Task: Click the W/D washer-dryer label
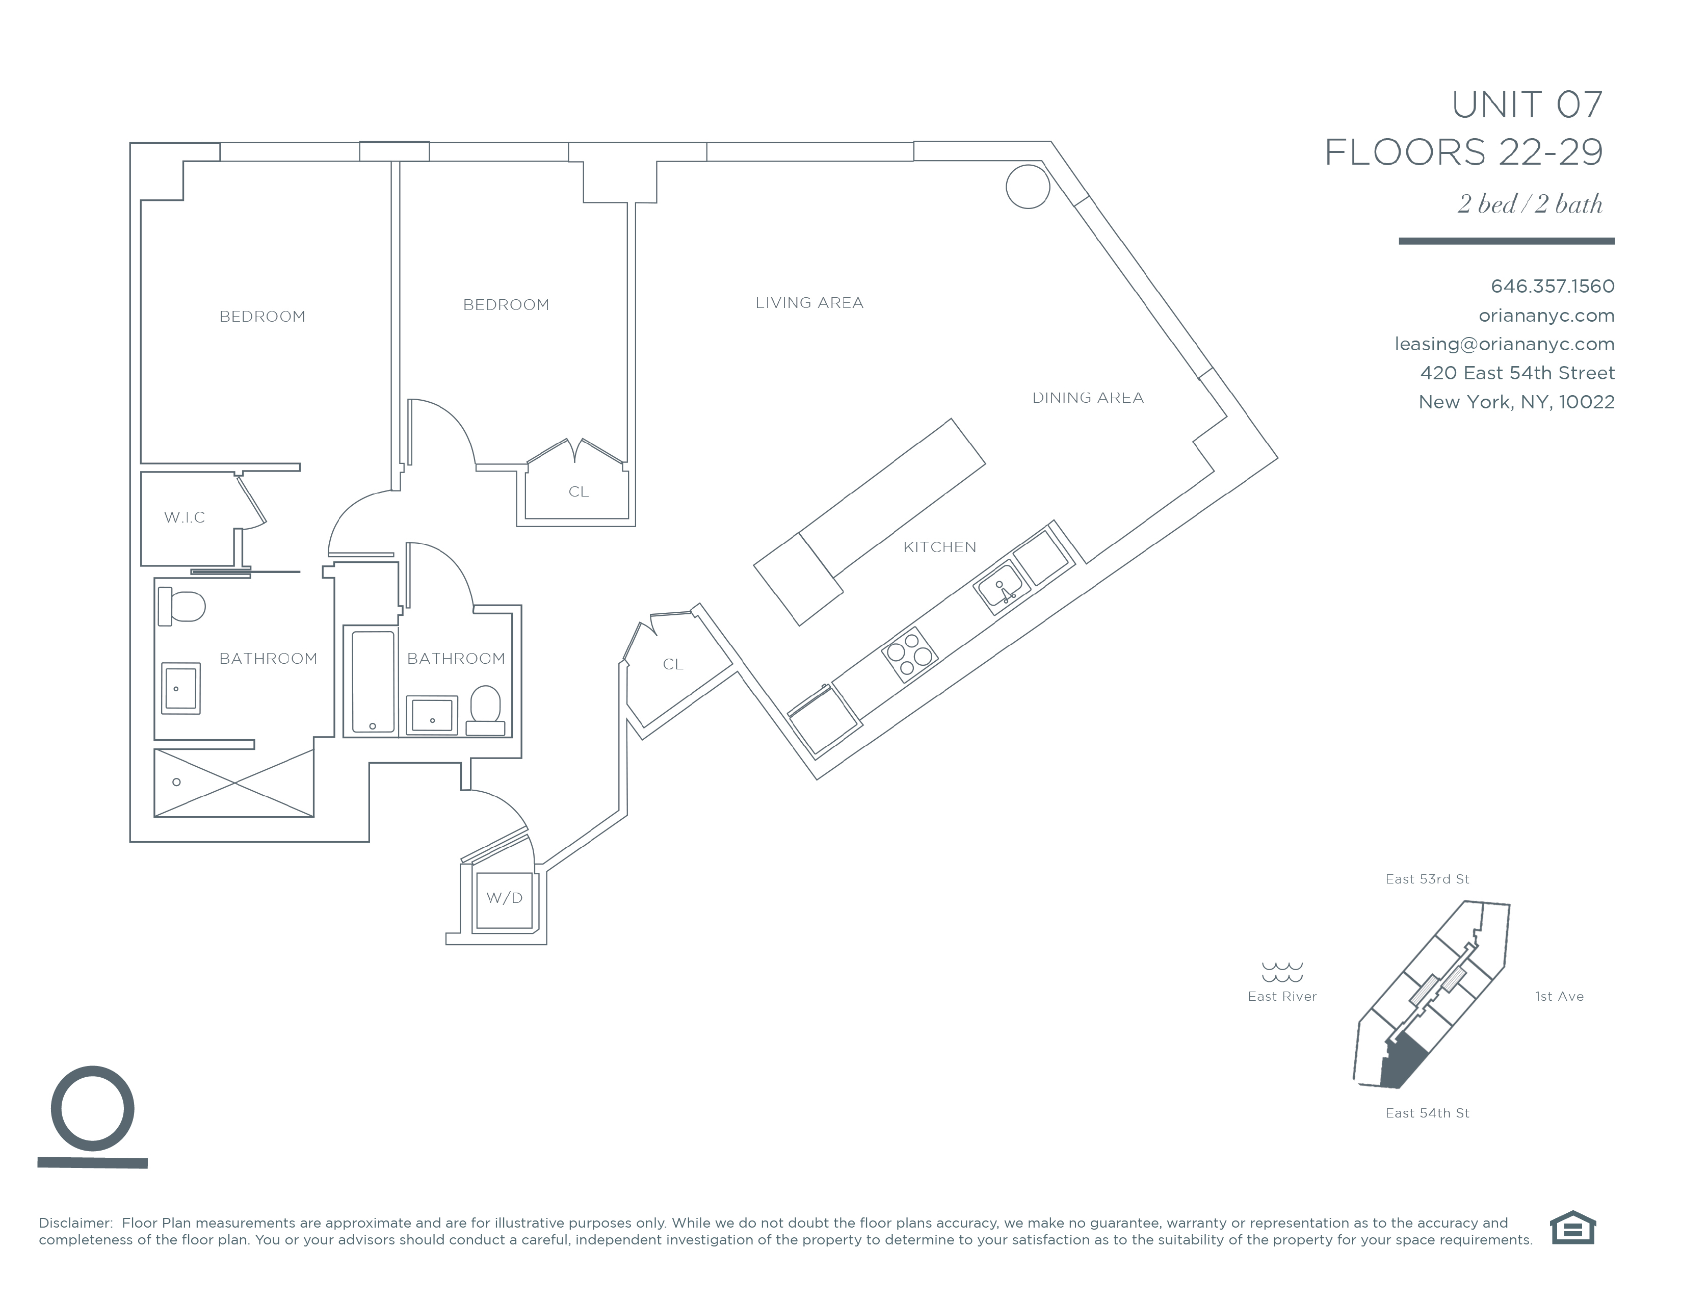pos(505,898)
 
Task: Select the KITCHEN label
pos(939,548)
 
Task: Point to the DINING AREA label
pos(1088,398)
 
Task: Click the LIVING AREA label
pos(809,303)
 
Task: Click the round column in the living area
pos(1028,187)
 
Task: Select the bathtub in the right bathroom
pos(373,682)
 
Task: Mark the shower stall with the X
pos(234,783)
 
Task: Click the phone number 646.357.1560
pos(1552,287)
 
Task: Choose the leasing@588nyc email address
pos(1504,344)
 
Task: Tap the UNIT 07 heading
pos(1527,106)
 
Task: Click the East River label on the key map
pos(1282,997)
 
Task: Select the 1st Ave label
pos(1559,997)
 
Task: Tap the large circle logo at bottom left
pos(92,1109)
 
